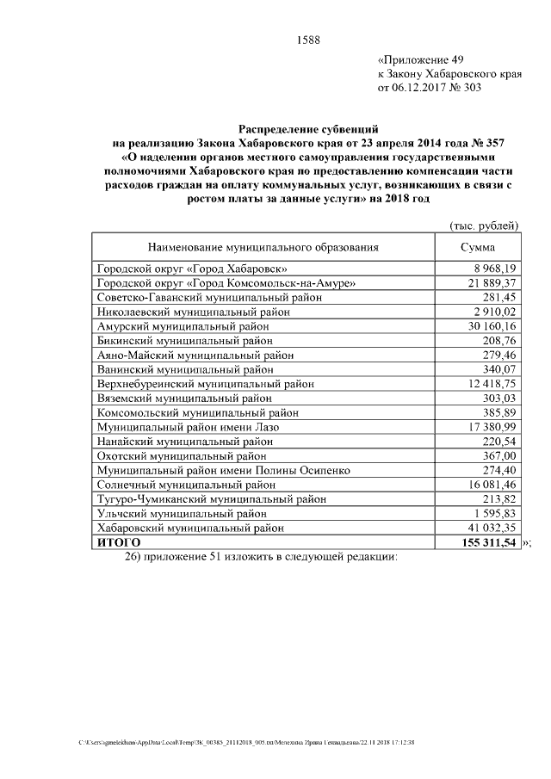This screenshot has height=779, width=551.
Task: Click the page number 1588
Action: coord(308,38)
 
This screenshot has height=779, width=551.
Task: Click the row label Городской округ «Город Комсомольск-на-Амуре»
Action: coord(226,283)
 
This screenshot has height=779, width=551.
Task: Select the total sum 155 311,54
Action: coord(487,543)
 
